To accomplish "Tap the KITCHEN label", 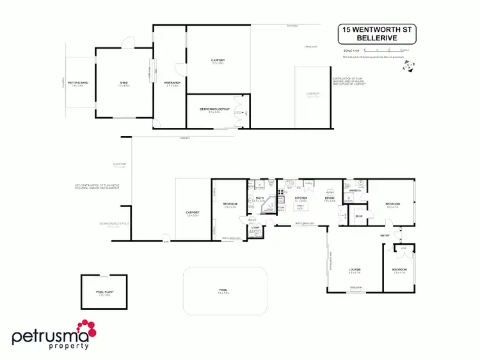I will point(301,198).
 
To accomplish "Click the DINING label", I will point(330,198).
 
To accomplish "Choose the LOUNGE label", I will point(353,270).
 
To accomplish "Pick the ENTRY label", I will point(385,236).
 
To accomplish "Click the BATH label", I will point(260,198).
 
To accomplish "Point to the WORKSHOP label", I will point(172,82).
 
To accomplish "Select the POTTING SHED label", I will point(79,82).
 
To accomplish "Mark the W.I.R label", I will point(359,217).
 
